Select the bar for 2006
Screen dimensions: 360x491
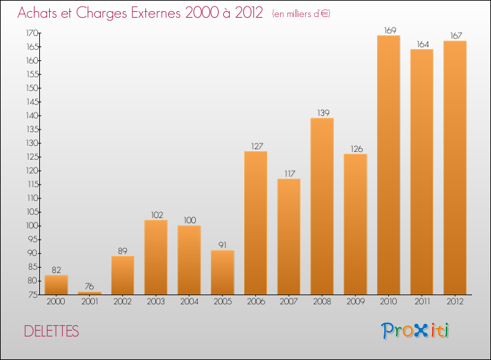click(x=255, y=223)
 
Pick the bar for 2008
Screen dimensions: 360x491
click(x=322, y=206)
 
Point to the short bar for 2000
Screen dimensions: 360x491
click(x=56, y=285)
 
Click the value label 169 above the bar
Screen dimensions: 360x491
click(x=389, y=30)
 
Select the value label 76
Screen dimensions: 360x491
click(x=89, y=286)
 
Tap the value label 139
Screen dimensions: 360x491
click(x=322, y=113)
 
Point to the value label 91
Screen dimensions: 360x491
click(x=222, y=245)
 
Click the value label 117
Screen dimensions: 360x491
click(x=289, y=173)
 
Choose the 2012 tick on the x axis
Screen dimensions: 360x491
click(x=455, y=302)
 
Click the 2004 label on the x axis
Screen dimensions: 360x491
click(x=189, y=302)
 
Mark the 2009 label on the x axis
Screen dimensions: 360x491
click(x=355, y=302)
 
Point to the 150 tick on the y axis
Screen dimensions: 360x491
click(x=31, y=88)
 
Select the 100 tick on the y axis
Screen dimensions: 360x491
click(x=31, y=226)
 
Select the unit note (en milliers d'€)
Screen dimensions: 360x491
click(x=301, y=14)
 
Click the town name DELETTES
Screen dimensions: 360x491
click(x=51, y=332)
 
